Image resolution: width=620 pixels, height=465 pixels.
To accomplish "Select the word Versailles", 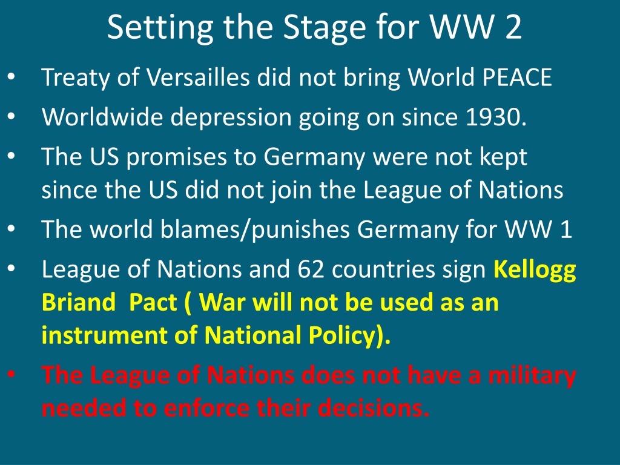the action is [x=198, y=77].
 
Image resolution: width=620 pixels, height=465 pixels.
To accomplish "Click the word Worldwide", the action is [x=102, y=117].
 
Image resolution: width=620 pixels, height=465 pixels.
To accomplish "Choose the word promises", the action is [x=176, y=157].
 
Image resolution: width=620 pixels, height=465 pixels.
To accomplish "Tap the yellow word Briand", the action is [x=78, y=303].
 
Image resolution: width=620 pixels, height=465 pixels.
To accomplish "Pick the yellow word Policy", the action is [x=341, y=336].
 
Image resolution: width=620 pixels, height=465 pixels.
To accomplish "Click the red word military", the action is [x=532, y=375].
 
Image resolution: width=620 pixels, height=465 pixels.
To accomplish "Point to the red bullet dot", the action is [x=11, y=373].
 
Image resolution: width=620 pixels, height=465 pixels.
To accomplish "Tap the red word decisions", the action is [x=372, y=408].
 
